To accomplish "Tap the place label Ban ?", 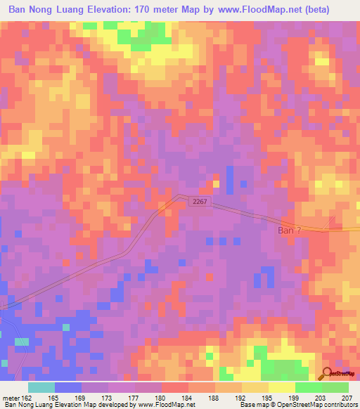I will click(290, 229).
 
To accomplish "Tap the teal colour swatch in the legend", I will click(41, 387).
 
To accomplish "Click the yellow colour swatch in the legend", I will click(281, 387).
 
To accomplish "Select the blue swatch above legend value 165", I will click(68, 387).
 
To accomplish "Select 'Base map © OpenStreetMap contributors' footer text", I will click(297, 404).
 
